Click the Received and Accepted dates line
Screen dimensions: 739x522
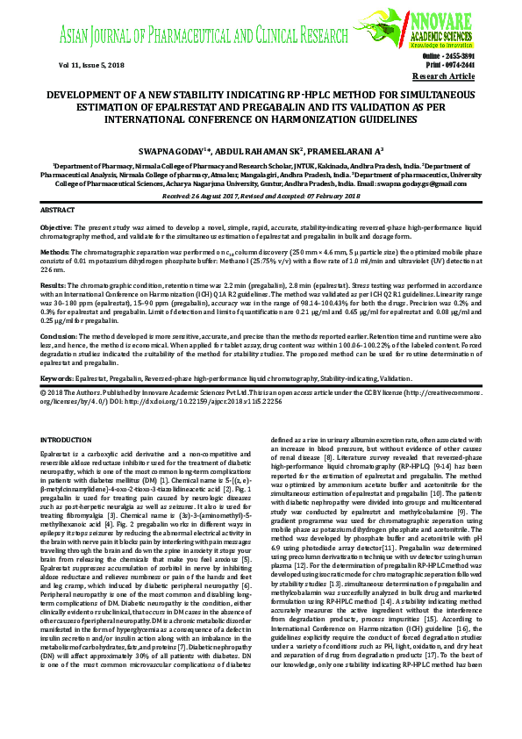(x=261, y=196)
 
